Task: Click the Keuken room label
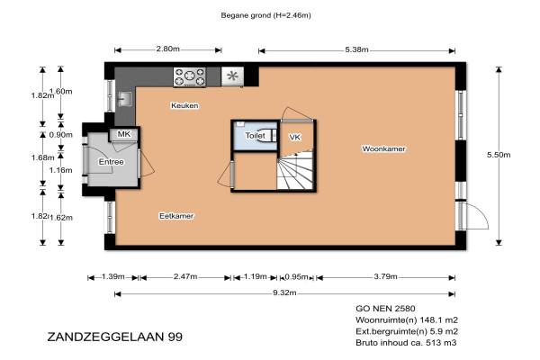(184, 105)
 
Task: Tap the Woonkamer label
(383, 148)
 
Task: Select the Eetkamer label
(176, 216)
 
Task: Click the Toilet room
(256, 136)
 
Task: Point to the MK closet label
(124, 134)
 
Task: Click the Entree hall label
(111, 162)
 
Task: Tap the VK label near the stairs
(295, 137)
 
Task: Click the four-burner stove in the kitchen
(190, 76)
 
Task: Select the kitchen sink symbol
(125, 99)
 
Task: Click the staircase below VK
(295, 170)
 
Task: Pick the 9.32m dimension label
(284, 292)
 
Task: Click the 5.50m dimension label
(499, 155)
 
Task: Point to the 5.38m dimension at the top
(356, 49)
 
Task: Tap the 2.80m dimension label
(167, 49)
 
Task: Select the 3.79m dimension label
(386, 276)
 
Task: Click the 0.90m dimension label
(61, 135)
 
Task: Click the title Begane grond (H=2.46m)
(265, 15)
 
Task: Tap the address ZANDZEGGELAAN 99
(114, 337)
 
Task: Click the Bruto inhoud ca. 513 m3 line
(406, 343)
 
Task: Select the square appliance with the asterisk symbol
(232, 76)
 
